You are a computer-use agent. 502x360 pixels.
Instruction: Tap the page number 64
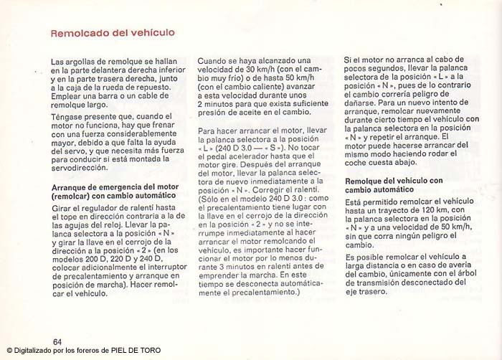(x=57, y=340)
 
